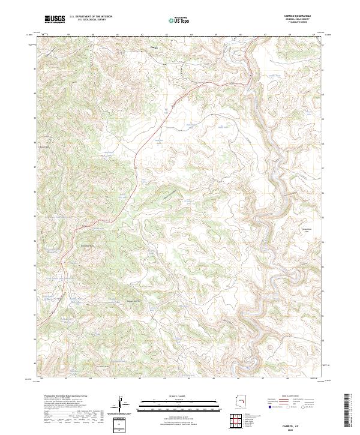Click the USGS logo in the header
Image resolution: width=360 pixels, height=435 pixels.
point(55,20)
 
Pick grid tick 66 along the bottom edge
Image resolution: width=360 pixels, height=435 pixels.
point(238,379)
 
